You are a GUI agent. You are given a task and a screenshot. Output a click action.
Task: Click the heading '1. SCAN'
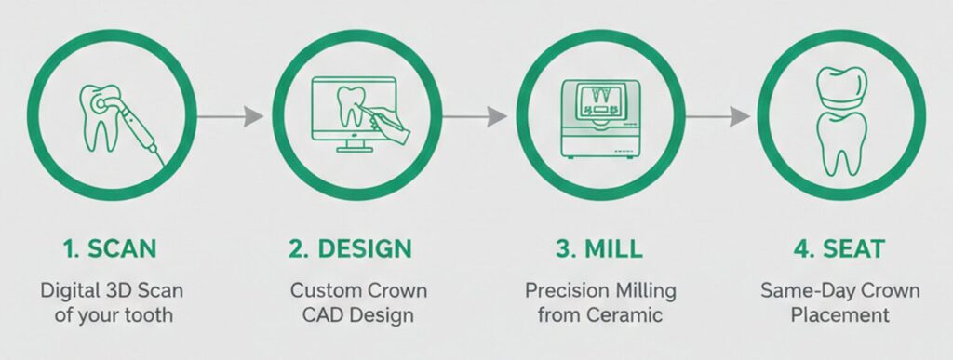pyautogui.click(x=110, y=249)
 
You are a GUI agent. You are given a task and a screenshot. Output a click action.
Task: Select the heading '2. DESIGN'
pyautogui.click(x=350, y=249)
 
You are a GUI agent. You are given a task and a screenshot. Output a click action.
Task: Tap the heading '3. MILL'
pyautogui.click(x=598, y=249)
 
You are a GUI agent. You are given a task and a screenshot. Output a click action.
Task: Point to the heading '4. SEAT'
pyautogui.click(x=839, y=249)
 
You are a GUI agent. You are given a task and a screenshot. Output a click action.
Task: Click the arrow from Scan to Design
pyautogui.click(x=230, y=116)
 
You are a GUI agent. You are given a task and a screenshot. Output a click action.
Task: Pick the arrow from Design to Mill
pyautogui.click(x=474, y=116)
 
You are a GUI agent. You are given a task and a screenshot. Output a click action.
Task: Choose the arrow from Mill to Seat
pyautogui.click(x=718, y=116)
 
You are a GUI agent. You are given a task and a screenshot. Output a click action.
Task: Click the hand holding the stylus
pyautogui.click(x=389, y=125)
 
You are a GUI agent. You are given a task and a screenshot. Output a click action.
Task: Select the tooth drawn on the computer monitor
pyautogui.click(x=351, y=107)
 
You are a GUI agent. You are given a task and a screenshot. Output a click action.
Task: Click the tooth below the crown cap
pyautogui.click(x=841, y=142)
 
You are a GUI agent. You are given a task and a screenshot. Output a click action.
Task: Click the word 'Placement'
pyautogui.click(x=840, y=315)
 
